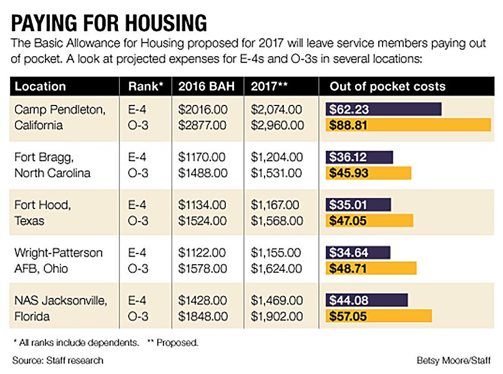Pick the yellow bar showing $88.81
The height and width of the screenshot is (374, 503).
tap(408, 125)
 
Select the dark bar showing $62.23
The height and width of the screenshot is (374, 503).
tap(383, 109)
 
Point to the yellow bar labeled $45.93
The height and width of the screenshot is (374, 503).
tap(368, 172)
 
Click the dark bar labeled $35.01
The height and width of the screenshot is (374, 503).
tap(358, 204)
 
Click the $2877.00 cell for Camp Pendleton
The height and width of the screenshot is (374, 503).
tap(202, 125)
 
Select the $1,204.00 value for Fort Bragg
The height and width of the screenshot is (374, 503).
tap(277, 157)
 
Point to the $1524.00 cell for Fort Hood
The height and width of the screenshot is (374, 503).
tap(202, 220)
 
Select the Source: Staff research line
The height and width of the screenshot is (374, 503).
tap(57, 360)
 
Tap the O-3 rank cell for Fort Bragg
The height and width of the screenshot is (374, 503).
tap(138, 172)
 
